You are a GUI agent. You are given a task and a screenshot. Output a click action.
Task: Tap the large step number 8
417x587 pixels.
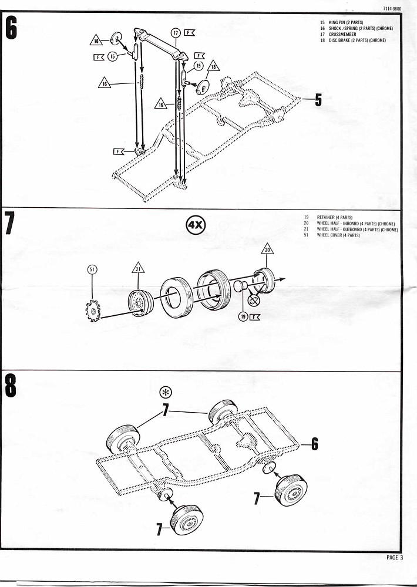[11, 388]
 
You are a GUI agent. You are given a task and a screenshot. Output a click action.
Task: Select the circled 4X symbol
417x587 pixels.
[196, 225]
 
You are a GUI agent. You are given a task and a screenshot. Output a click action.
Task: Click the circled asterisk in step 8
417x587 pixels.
[166, 393]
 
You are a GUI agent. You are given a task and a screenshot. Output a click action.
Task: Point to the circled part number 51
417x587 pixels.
[92, 269]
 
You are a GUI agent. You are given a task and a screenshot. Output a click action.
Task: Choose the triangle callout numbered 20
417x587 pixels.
[268, 249]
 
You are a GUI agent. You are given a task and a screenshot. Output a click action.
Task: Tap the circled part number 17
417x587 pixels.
[175, 33]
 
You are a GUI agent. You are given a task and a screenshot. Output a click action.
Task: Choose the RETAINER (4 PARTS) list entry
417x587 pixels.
[334, 217]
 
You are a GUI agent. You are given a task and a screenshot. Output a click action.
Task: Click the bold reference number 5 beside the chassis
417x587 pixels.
[318, 100]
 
